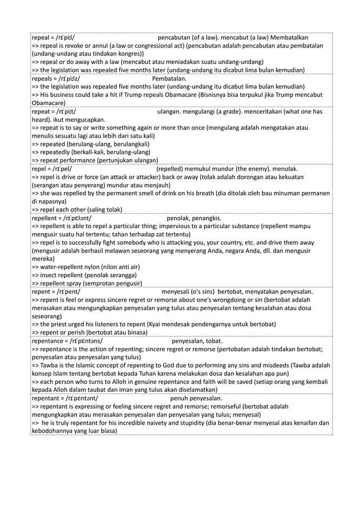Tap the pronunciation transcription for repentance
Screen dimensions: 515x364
point(85,342)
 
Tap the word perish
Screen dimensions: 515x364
point(94,332)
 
